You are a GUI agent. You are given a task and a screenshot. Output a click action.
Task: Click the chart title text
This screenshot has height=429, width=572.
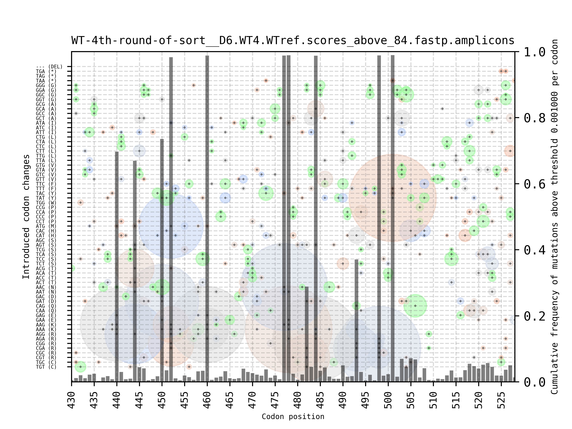point(293,41)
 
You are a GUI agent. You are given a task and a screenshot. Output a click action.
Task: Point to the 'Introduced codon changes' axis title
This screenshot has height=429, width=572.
point(26,217)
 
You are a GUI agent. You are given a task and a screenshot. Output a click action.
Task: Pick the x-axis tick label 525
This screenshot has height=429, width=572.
point(501,400)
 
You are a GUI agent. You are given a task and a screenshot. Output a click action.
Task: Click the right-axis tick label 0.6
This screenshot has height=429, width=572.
point(534,184)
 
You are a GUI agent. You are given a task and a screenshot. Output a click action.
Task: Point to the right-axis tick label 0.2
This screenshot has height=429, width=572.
point(534,316)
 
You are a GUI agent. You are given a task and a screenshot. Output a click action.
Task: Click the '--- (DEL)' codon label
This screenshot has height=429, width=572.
point(49,67)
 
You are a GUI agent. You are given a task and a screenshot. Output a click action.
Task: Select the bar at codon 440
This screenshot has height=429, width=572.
point(117,266)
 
